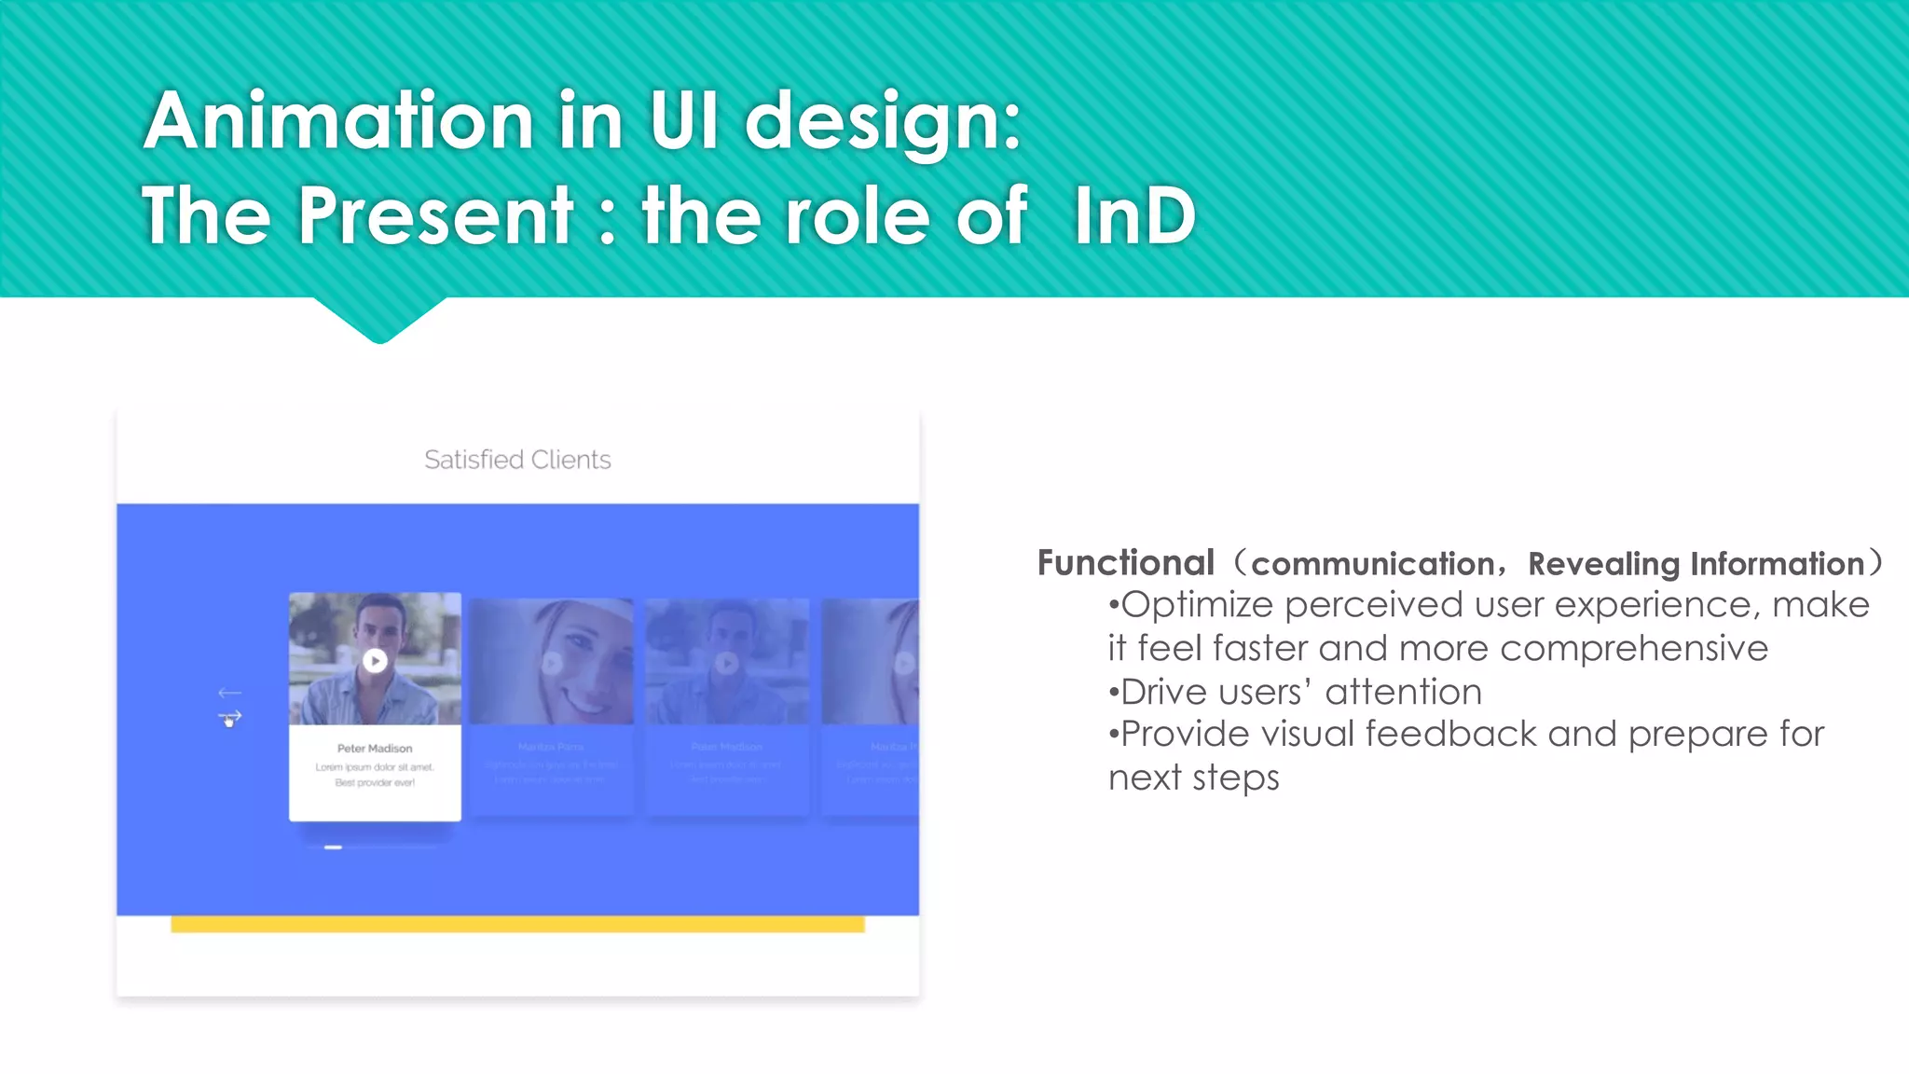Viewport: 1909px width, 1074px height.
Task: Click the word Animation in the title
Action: click(x=338, y=121)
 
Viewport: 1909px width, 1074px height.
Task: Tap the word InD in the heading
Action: click(x=1133, y=216)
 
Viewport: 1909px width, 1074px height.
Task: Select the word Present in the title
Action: click(x=435, y=216)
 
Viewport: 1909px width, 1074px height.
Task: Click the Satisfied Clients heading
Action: click(x=517, y=460)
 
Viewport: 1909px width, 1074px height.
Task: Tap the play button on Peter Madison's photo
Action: click(x=375, y=661)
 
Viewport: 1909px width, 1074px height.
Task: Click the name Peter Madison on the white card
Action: click(x=375, y=749)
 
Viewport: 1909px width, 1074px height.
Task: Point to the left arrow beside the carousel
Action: click(x=229, y=693)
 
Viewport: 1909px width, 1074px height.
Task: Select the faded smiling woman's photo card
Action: click(x=552, y=662)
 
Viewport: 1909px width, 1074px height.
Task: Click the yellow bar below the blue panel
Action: click(x=517, y=924)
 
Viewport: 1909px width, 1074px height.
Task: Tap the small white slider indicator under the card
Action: click(x=333, y=847)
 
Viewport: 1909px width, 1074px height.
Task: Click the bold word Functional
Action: click(x=1125, y=563)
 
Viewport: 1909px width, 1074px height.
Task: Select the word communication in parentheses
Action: click(x=1372, y=564)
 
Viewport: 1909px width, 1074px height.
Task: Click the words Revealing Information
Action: click(x=1696, y=564)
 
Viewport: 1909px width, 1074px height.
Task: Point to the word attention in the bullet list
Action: click(x=1403, y=692)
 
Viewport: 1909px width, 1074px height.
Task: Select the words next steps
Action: click(x=1193, y=777)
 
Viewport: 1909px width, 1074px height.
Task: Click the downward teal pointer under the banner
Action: click(x=379, y=322)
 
